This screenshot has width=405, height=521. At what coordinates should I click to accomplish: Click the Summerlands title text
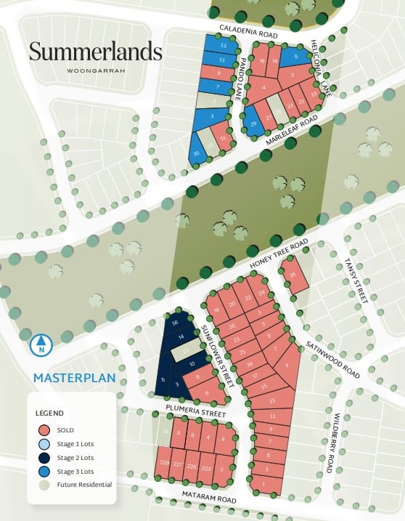tap(95, 52)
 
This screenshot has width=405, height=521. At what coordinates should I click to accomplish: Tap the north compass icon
tap(42, 344)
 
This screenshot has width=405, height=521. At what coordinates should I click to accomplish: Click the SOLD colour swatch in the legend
tap(45, 429)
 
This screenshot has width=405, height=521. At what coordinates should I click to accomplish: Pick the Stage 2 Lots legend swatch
tap(45, 457)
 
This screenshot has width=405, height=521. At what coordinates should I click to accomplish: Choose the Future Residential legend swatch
tap(45, 485)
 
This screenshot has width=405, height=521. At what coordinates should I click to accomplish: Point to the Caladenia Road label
tap(248, 33)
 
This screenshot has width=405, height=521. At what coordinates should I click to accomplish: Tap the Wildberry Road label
tap(330, 443)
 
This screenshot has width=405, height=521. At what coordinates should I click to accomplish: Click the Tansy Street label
tap(356, 280)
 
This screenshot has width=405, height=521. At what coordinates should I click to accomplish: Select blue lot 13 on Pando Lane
tap(223, 45)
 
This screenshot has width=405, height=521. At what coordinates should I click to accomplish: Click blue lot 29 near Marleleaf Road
tap(253, 124)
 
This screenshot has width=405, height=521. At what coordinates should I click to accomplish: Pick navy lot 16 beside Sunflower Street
tap(174, 323)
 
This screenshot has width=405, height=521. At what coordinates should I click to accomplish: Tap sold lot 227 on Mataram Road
tap(177, 465)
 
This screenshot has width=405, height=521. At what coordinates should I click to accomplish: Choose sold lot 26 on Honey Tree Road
tap(292, 275)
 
